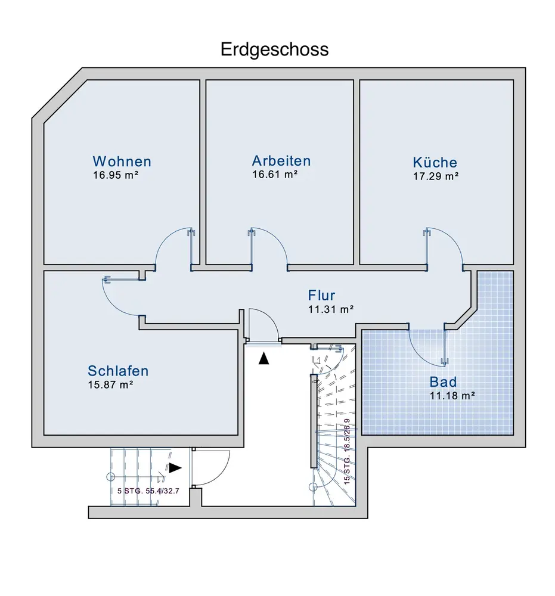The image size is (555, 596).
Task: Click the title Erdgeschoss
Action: [x=275, y=49]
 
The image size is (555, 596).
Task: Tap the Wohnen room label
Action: [x=122, y=162]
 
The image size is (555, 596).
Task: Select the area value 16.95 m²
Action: [x=116, y=175]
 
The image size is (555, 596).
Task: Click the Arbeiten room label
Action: [x=281, y=161]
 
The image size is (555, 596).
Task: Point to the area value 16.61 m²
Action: [x=275, y=175]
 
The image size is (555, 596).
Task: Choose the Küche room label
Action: [x=435, y=162]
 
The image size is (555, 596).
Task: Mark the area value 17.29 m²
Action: [x=436, y=176]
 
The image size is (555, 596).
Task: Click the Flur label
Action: [x=322, y=295]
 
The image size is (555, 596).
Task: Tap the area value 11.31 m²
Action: [x=331, y=309]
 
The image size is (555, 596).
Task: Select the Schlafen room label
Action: [x=118, y=371]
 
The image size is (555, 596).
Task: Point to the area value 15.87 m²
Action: [x=110, y=384]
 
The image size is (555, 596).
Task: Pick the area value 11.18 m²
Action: [x=452, y=395]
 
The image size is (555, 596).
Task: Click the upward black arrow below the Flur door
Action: [x=263, y=358]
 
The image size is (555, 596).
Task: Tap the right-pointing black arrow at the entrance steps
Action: [x=175, y=468]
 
